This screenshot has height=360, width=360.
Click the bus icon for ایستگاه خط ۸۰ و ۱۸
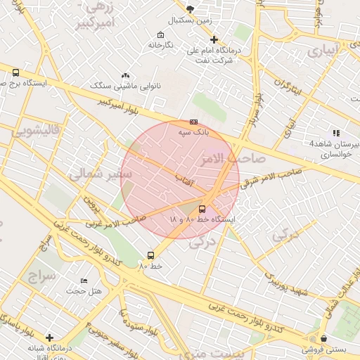(x=202, y=209)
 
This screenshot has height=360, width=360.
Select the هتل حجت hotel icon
(x=84, y=281)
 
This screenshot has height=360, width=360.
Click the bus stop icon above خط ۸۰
(x=150, y=255)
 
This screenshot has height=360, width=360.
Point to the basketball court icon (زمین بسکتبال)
(x=190, y=9)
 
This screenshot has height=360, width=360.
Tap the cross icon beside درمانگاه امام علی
(x=214, y=40)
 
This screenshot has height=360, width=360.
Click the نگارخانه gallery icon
(x=161, y=35)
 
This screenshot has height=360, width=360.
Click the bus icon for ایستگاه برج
(x=15, y=72)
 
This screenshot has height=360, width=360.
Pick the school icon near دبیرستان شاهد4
(x=336, y=133)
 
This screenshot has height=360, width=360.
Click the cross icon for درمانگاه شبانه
(x=49, y=337)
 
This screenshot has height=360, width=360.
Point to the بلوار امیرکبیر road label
(x=131, y=107)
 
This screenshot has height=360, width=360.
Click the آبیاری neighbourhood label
(x=325, y=51)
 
